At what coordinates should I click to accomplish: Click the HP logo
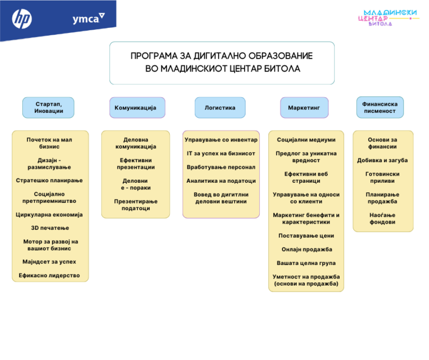(22, 20)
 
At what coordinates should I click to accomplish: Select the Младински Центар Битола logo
(389, 17)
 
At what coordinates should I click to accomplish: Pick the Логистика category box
(220, 107)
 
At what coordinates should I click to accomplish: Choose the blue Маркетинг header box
(304, 107)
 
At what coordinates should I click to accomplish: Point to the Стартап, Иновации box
(49, 107)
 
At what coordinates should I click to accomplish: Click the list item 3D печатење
(50, 228)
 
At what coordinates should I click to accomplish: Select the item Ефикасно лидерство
(50, 276)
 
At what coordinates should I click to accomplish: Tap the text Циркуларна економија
(50, 215)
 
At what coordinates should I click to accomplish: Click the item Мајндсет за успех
(50, 262)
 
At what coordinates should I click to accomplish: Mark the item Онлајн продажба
(307, 249)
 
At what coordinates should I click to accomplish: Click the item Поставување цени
(307, 236)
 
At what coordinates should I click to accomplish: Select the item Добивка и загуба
(383, 160)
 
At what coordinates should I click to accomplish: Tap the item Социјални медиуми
(307, 140)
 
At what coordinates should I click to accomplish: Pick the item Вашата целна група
(307, 263)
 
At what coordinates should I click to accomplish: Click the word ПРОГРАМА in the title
(157, 56)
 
